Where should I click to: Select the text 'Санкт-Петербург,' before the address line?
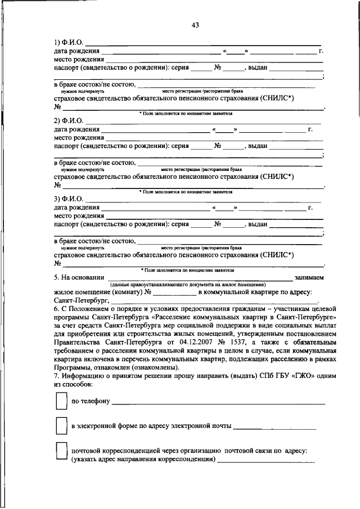pos(76,301)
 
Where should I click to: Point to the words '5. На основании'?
pos(79,277)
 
